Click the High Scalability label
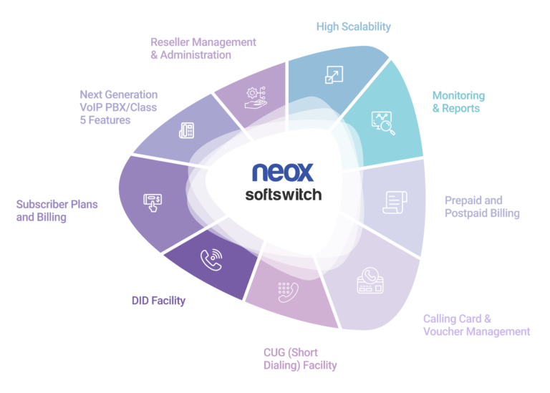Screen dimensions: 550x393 pos(353,26)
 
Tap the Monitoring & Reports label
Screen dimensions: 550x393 pos(458,102)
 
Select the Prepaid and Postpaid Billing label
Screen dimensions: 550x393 pos(482,206)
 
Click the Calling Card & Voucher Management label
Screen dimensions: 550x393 pos(476,325)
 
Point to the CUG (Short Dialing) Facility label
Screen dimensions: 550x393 pos(300,359)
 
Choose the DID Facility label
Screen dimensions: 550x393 pos(158,301)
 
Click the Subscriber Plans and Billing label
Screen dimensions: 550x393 pos(57,210)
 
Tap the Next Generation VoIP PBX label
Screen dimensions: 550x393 pos(119,107)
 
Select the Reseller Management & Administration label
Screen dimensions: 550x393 pos(203,49)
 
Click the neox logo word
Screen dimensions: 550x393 pos(283,172)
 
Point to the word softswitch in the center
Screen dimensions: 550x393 pos(284,195)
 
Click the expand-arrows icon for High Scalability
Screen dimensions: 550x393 pos(334,74)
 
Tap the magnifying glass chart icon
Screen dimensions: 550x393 pos(383,123)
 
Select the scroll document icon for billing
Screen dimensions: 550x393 pos(395,203)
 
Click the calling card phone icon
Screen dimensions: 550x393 pos(370,281)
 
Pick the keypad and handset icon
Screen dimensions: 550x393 pos(288,292)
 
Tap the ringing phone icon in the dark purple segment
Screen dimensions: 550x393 pos(211,259)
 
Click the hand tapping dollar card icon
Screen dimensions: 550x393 pos(153,203)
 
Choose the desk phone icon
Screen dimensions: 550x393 pos(187,130)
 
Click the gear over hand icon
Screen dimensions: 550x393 pos(256,98)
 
